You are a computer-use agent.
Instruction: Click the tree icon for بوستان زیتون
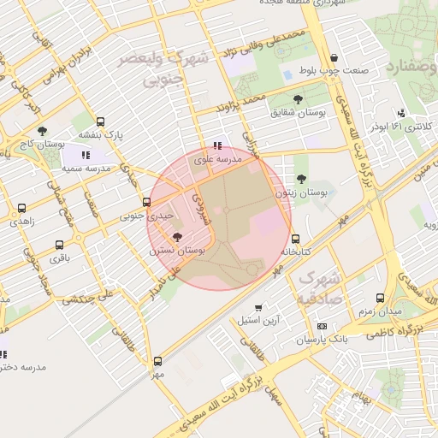pyautogui.click(x=302, y=180)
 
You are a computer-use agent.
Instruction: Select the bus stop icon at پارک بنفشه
pyautogui.click(x=101, y=121)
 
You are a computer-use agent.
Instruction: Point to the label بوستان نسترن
pyautogui.click(x=177, y=251)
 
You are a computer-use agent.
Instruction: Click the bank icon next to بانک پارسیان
pyautogui.click(x=322, y=326)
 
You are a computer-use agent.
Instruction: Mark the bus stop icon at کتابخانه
pyautogui.click(x=295, y=240)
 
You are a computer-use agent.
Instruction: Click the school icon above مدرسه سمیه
pyautogui.click(x=86, y=155)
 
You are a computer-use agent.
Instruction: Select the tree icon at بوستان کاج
pyautogui.click(x=42, y=131)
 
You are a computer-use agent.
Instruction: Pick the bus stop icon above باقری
pyautogui.click(x=58, y=245)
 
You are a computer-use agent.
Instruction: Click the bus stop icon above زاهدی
pyautogui.click(x=21, y=208)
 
